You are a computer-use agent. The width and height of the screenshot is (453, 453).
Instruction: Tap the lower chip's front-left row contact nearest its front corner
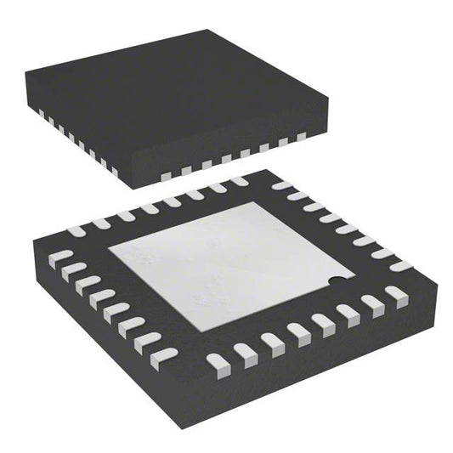point(163,357)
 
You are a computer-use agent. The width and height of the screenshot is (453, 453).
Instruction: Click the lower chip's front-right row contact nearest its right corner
point(396,294)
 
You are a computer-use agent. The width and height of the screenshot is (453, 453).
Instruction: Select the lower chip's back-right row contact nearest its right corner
point(400,266)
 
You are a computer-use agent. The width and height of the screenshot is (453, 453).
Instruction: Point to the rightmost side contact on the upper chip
point(300,136)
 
